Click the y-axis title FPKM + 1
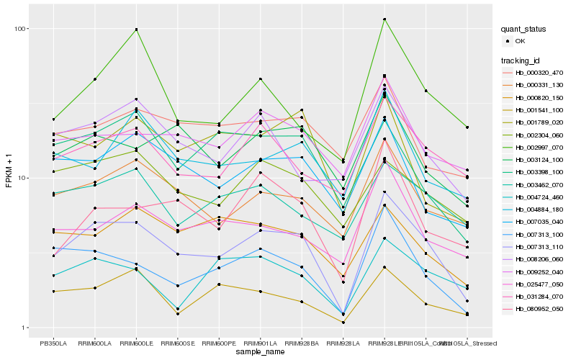9,178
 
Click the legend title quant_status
525,30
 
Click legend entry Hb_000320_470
539,73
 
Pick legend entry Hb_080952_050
539,308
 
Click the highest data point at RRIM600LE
136,30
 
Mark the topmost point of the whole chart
384,19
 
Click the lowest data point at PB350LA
53,292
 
